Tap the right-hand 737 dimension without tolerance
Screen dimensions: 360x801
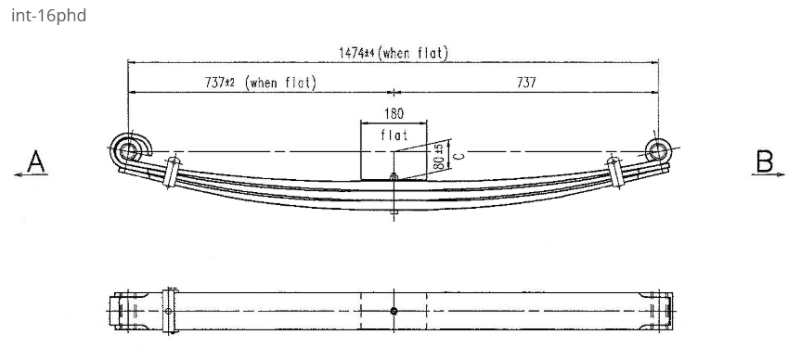[525, 83]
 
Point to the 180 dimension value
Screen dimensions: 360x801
[394, 115]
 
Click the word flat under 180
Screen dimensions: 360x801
[394, 135]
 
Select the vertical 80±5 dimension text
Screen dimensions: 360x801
[436, 154]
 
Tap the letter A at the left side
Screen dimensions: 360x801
[35, 163]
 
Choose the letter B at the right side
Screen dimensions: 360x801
[765, 163]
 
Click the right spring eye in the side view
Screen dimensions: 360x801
[659, 149]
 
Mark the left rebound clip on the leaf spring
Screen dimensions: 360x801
[171, 173]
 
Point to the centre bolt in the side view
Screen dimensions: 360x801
[394, 195]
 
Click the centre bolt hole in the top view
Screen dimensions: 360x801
[394, 310]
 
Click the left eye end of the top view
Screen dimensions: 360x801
[122, 310]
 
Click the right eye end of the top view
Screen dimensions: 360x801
[663, 310]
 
